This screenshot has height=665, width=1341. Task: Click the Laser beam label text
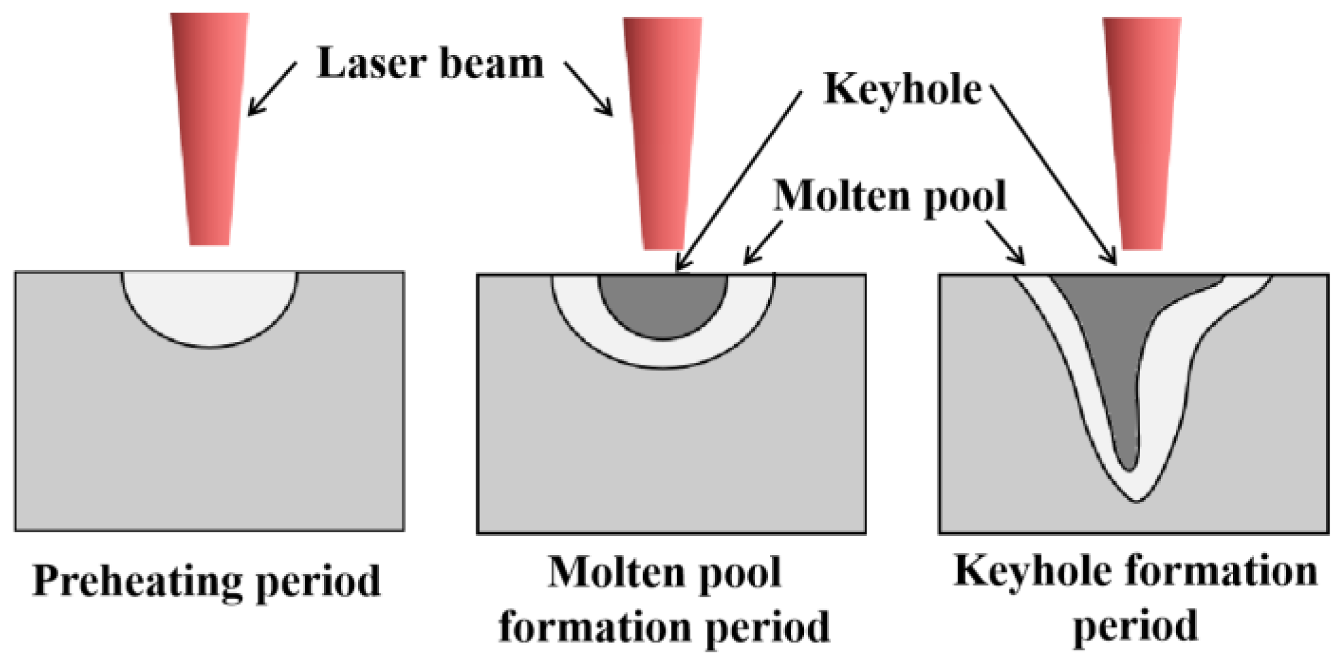pyautogui.click(x=430, y=63)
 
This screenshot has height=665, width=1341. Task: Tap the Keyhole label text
pyautogui.click(x=903, y=88)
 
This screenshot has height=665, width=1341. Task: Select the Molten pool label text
pyautogui.click(x=890, y=196)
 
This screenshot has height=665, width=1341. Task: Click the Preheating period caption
pyautogui.click(x=207, y=581)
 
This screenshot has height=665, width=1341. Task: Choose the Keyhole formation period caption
pyautogui.click(x=1135, y=597)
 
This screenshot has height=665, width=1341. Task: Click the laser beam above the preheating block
pyautogui.click(x=210, y=126)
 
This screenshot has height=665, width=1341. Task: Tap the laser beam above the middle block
pyautogui.click(x=663, y=133)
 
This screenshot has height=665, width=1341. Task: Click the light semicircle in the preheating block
pyautogui.click(x=209, y=303)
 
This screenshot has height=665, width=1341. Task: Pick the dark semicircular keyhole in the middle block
pyautogui.click(x=663, y=303)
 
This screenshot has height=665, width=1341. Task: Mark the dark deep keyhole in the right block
pyautogui.click(x=1121, y=354)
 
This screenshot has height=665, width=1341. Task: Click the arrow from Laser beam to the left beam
pyautogui.click(x=272, y=88)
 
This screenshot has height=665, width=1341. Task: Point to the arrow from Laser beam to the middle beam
pyautogui.click(x=588, y=88)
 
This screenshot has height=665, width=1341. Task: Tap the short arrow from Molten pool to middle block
pyautogui.click(x=764, y=242)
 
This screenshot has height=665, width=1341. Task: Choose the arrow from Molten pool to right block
pyautogui.click(x=1006, y=242)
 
